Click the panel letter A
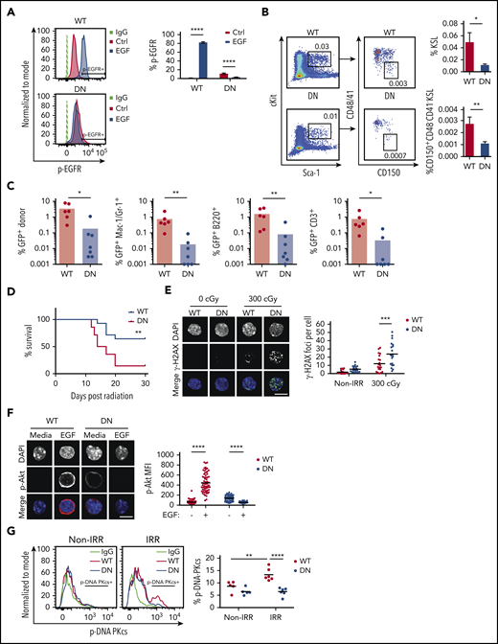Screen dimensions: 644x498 tap(8, 9)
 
